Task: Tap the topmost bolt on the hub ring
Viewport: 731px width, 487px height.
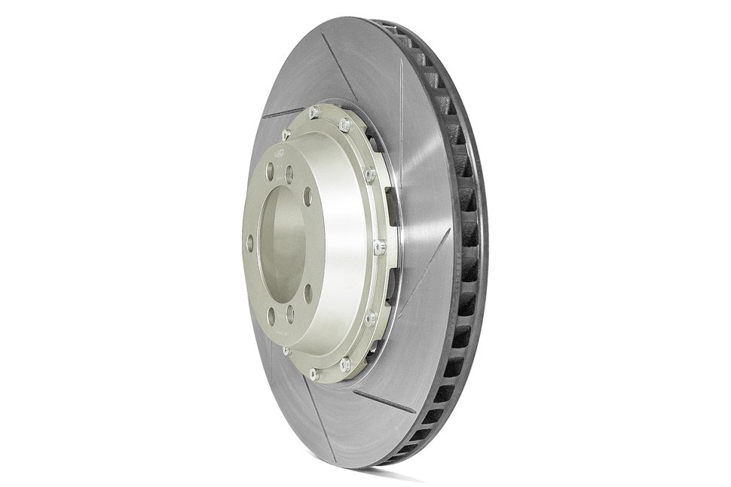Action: point(314,114)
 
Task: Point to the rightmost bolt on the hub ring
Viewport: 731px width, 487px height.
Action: point(379,246)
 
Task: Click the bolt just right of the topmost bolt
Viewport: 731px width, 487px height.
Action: point(344,124)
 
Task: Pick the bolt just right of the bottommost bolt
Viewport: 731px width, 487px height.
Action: point(345,364)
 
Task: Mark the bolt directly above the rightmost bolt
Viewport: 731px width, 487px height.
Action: point(369,175)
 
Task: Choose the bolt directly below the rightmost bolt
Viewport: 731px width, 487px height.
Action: point(370,318)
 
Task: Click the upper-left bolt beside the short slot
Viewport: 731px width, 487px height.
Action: point(286,134)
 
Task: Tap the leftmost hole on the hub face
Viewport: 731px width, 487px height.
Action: point(249,242)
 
